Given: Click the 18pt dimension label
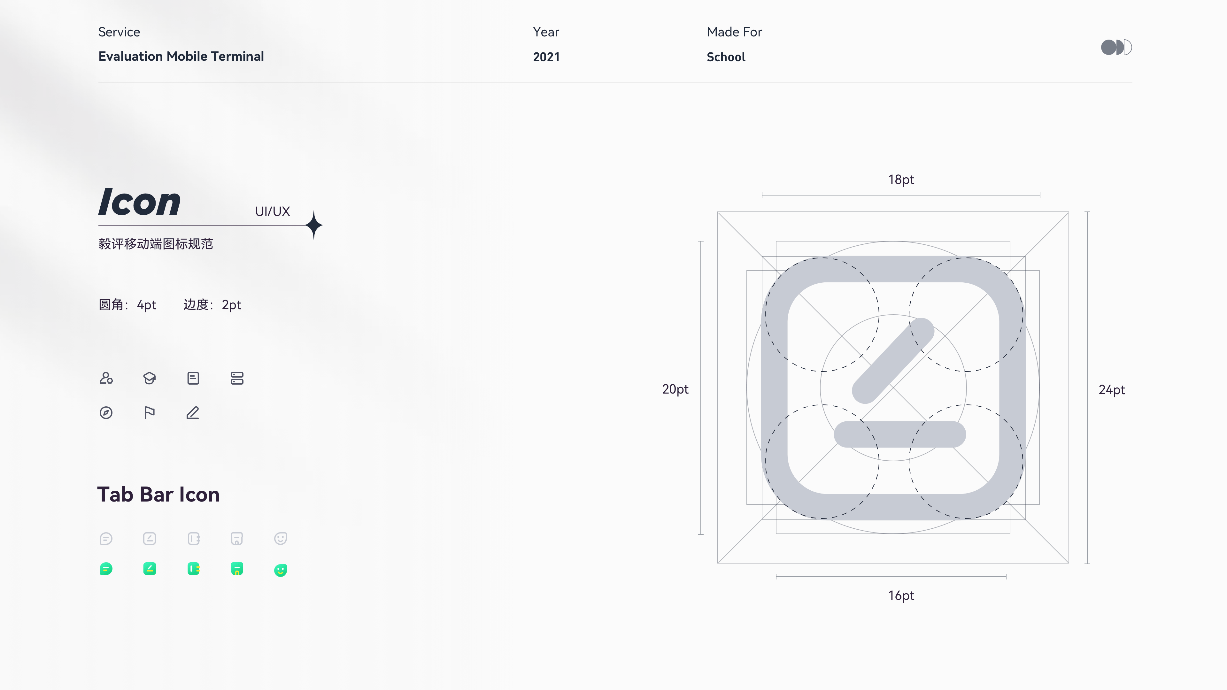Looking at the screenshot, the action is click(x=901, y=180).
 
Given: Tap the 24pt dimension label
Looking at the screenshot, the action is click(x=1112, y=390).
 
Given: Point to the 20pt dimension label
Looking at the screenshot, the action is click(x=675, y=389).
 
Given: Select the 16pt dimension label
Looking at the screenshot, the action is click(x=901, y=596).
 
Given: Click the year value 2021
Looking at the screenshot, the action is click(x=546, y=57).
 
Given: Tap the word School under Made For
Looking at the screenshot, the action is click(x=726, y=57).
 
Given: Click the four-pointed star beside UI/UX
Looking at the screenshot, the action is click(x=314, y=225).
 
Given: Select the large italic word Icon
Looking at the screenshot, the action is click(x=140, y=202).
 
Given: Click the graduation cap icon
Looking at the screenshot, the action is click(x=150, y=378).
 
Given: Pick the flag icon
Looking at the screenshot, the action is click(x=149, y=413).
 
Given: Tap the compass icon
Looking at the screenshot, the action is click(x=106, y=413).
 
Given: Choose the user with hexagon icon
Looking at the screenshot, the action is click(x=106, y=378).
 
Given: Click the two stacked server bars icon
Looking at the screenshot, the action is click(x=237, y=378).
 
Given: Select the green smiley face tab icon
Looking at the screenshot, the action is click(x=281, y=570).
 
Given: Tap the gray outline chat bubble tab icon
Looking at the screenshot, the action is click(x=106, y=539).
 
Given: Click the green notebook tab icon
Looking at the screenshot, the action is click(x=193, y=569).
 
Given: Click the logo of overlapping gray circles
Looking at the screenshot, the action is click(x=1116, y=47).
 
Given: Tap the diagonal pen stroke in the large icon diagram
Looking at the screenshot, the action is click(x=893, y=360).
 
